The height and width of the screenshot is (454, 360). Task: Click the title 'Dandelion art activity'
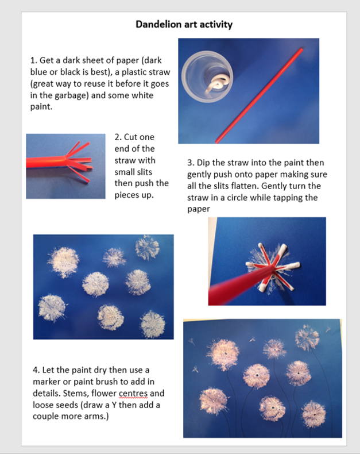[184, 24]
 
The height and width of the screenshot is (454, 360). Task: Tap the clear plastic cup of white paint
[207, 77]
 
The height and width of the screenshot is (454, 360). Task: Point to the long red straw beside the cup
[260, 95]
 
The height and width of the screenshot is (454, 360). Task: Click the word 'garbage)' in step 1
[71, 95]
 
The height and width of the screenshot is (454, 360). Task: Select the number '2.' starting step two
[118, 137]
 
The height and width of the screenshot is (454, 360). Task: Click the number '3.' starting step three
[191, 163]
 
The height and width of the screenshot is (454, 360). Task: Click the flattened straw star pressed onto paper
[272, 267]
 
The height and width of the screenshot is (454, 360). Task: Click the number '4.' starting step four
[36, 370]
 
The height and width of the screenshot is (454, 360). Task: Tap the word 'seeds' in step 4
[67, 405]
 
